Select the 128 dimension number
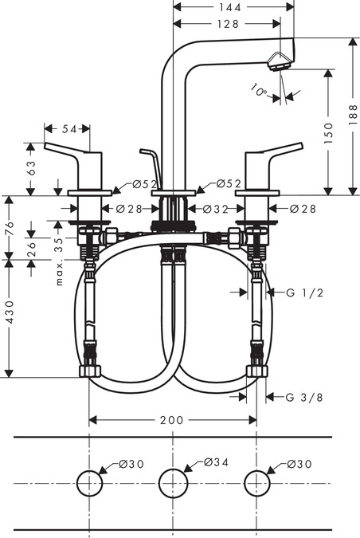coord(227,24)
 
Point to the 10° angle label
coord(258,90)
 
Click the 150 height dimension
coord(328,133)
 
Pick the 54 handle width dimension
coord(69,129)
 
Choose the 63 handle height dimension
coord(30,168)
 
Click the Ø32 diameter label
coord(215,209)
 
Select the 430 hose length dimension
coord(10,312)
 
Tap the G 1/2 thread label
coord(305,293)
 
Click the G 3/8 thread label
coord(304,398)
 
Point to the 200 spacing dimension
coord(172,419)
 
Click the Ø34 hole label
coord(216,462)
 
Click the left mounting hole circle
coord(89,470)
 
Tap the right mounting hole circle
coord(256,470)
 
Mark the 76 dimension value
coord(10,228)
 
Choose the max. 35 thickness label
coord(59,261)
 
